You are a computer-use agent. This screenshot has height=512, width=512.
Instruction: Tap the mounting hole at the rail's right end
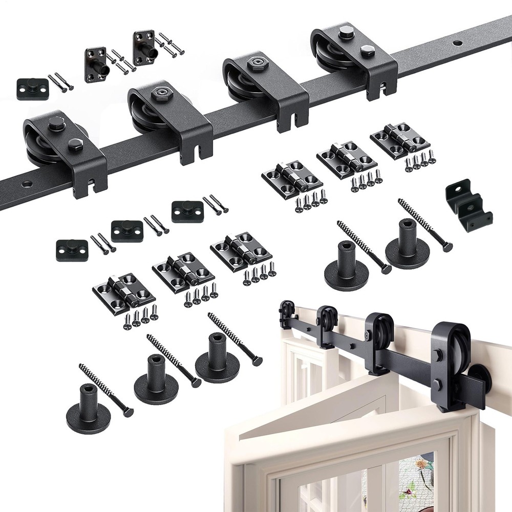(x=455, y=41)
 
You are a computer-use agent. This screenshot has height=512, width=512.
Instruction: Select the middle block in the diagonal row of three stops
(x=127, y=230)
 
